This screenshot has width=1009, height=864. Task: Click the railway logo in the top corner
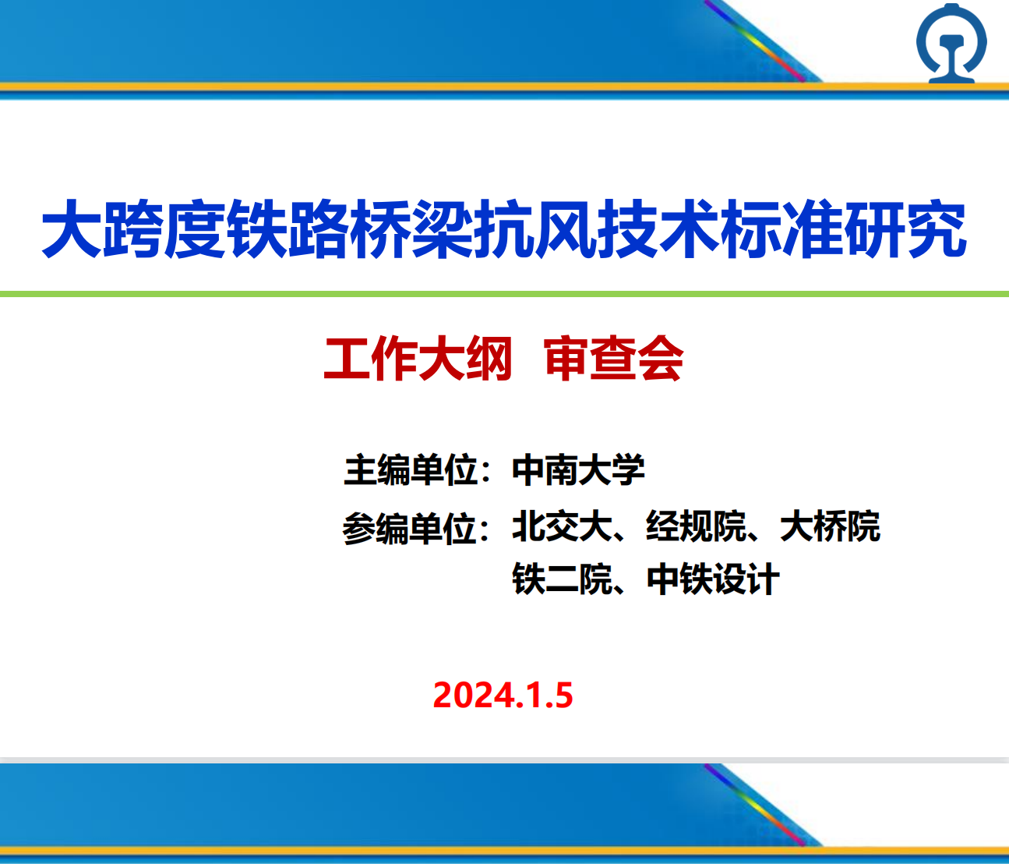tap(951, 43)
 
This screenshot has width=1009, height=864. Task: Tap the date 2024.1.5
tap(503, 695)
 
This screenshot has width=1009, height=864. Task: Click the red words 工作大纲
tap(418, 359)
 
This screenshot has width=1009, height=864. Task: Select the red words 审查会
tap(614, 359)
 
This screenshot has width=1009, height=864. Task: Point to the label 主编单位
tap(411, 470)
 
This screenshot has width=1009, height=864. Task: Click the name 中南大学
tap(578, 470)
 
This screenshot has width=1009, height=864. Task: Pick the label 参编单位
tap(410, 528)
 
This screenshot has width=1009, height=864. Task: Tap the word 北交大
tap(562, 526)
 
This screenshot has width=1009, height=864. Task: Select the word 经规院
tap(696, 526)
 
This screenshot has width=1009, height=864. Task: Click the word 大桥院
tap(830, 526)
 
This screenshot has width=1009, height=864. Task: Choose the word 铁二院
tap(562, 579)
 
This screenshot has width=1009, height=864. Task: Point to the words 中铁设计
tap(713, 579)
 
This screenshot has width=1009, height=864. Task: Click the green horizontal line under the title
tap(504, 294)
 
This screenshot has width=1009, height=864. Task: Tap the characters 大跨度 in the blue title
tap(133, 228)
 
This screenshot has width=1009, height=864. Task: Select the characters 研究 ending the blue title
tap(905, 228)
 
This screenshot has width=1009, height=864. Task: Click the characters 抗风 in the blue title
tap(535, 228)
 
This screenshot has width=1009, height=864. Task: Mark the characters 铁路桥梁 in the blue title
tap(351, 228)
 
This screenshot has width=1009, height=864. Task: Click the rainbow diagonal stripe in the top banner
tap(755, 41)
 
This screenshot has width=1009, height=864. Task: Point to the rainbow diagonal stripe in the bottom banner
tap(755, 805)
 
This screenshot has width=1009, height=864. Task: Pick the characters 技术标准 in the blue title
tap(720, 228)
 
